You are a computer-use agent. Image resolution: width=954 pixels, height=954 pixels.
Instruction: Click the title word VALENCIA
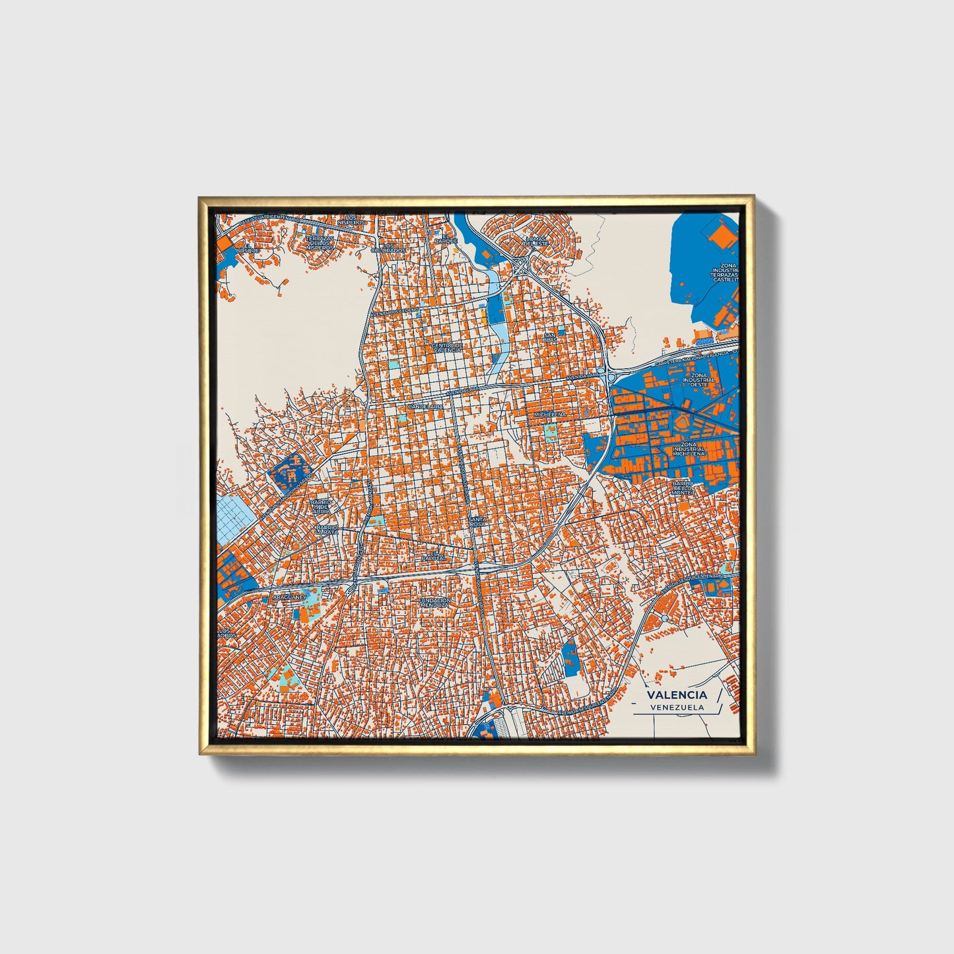pyautogui.click(x=677, y=695)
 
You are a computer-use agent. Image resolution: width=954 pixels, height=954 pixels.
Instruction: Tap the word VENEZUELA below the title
pyautogui.click(x=677, y=707)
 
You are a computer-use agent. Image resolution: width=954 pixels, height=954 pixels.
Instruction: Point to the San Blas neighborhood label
pyautogui.click(x=550, y=337)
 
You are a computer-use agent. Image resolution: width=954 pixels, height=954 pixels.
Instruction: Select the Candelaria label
pyautogui.click(x=426, y=407)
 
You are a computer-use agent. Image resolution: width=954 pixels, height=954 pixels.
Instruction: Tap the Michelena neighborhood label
pyautogui.click(x=550, y=414)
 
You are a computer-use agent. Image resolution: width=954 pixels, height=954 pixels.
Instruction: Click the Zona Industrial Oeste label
pyautogui.click(x=698, y=380)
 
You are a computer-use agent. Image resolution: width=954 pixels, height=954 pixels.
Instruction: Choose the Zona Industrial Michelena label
pyautogui.click(x=689, y=450)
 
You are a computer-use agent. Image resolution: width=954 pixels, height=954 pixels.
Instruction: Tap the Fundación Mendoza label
pyautogui.click(x=435, y=602)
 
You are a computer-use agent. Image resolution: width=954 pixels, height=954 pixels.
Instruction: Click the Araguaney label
pyautogui.click(x=290, y=597)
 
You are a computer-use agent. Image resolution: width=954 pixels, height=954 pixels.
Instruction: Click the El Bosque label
pyautogui.click(x=244, y=248)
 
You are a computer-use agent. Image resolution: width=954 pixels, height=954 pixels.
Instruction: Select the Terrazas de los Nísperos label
pyautogui.click(x=320, y=242)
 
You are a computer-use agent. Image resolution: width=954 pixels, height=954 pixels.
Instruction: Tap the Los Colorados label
pyautogui.click(x=388, y=248)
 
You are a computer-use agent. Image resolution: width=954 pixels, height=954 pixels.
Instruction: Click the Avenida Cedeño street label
pyautogui.click(x=395, y=311)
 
